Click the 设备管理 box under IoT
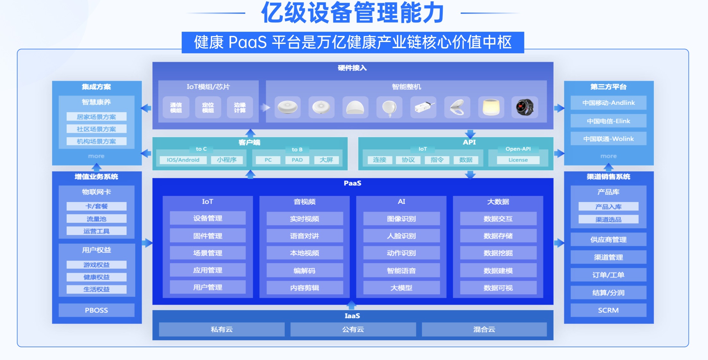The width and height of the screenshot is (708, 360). point(208,218)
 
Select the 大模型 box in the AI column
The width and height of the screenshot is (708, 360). point(401,288)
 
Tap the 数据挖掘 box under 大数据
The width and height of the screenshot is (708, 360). point(498,253)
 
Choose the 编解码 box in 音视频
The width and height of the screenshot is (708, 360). point(305,271)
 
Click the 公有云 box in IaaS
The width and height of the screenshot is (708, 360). point(353,330)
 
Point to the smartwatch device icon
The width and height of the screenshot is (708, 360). point(525,107)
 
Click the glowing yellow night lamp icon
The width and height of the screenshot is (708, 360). point(491,107)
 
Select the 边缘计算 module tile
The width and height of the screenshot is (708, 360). point(240,107)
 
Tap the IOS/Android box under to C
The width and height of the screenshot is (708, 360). point(183,160)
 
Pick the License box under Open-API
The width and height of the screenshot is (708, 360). point(518,160)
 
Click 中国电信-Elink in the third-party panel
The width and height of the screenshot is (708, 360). point(608,121)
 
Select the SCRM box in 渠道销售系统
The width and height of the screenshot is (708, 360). point(608,310)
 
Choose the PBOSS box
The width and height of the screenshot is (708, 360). point(96,310)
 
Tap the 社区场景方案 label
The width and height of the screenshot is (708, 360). point(96,129)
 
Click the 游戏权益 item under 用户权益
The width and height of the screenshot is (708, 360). point(96,265)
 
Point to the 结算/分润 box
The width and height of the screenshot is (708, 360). point(608,292)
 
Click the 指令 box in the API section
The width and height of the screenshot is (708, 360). point(437,160)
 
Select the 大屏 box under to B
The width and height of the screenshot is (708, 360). point(326,160)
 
